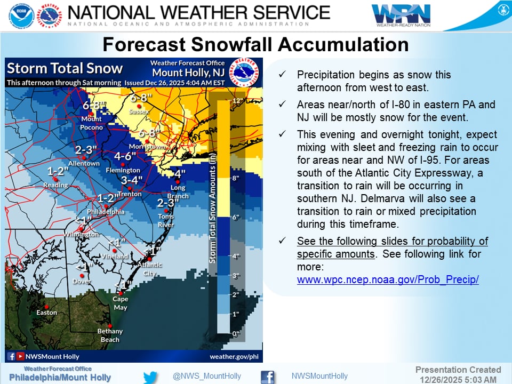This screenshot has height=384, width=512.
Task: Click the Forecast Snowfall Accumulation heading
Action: (x=255, y=43)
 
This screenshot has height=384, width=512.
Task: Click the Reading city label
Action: (x=55, y=185)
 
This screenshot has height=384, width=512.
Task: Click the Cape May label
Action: (x=120, y=303)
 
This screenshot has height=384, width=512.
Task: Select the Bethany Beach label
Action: (x=109, y=335)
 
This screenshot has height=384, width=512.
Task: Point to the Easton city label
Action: (x=46, y=313)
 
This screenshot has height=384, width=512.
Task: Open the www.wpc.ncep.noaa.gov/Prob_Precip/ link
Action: (x=388, y=279)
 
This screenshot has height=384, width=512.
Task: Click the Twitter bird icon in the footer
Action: (x=150, y=377)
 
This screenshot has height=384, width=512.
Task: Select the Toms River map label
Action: (x=165, y=220)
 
